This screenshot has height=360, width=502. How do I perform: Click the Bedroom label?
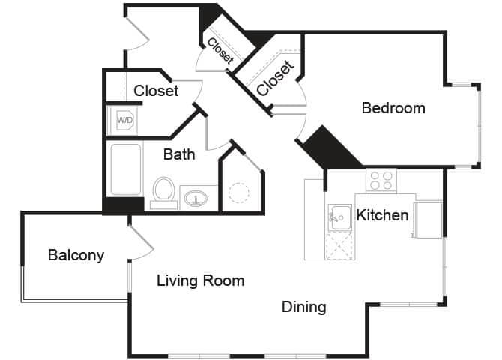click(x=393, y=108)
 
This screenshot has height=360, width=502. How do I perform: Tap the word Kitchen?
click(x=382, y=216)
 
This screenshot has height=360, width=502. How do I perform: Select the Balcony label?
click(x=76, y=255)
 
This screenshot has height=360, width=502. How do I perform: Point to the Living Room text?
click(x=200, y=280)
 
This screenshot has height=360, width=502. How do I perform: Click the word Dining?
click(x=303, y=307)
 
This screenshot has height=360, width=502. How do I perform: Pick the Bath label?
click(x=179, y=154)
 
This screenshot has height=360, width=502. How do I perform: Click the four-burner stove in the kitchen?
click(x=381, y=180)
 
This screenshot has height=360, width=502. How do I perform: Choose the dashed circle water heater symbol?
click(x=238, y=193)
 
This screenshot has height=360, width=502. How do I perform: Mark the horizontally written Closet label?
click(x=156, y=91)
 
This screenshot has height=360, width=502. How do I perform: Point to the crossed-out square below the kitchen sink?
click(x=339, y=245)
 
